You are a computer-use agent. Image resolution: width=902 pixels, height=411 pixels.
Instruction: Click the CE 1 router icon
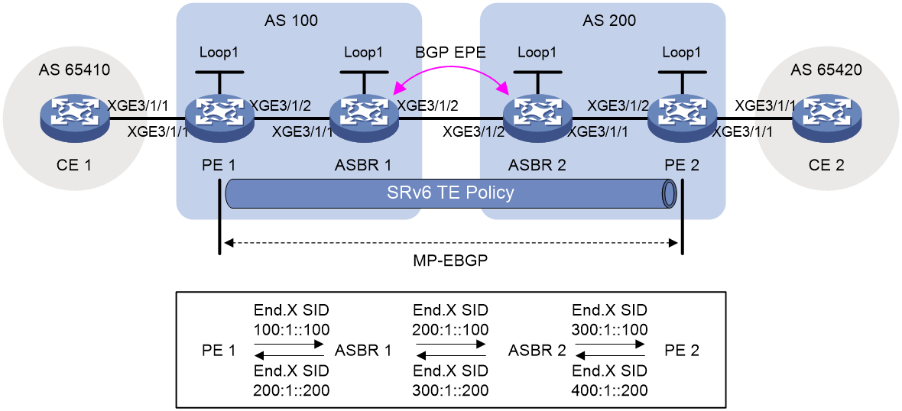[x=75, y=120]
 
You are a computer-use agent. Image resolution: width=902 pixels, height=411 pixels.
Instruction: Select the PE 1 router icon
[x=219, y=120]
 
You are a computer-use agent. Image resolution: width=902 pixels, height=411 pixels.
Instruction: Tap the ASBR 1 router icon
[x=363, y=120]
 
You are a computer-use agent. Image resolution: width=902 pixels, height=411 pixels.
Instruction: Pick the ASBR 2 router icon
[x=537, y=120]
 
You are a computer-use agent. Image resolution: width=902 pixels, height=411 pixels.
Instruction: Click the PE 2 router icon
[x=682, y=120]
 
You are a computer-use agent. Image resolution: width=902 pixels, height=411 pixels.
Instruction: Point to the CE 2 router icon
[x=826, y=120]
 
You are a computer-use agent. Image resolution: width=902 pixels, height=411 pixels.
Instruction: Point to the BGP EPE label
[x=451, y=54]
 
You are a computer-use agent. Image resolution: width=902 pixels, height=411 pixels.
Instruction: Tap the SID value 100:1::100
[x=292, y=329]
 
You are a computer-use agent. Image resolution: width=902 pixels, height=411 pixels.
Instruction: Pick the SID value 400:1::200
[x=610, y=390]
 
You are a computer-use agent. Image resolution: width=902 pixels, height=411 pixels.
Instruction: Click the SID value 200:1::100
[x=451, y=329]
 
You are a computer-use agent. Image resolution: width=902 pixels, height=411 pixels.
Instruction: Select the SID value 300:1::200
[x=451, y=390]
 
